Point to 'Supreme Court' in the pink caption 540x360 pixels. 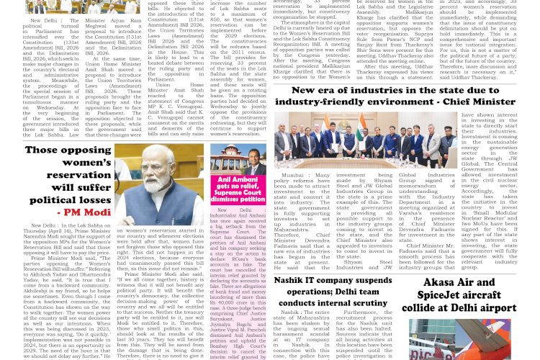pyautogui.click(x=228, y=194)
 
